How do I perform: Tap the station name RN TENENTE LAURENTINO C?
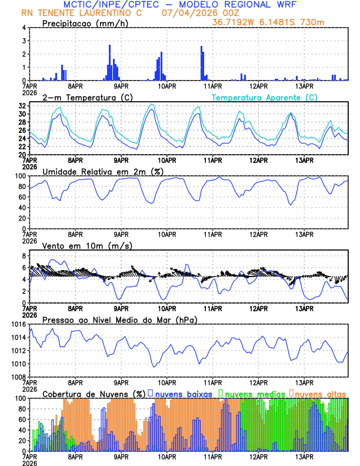pos(81,12)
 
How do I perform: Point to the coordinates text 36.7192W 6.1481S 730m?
pos(268,22)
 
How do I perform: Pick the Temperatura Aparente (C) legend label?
pos(265,97)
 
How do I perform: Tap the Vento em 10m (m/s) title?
pos(79,245)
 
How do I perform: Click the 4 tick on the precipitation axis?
pos(23,28)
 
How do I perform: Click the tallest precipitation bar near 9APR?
pos(110,62)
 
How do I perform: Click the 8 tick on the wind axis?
pos(23,256)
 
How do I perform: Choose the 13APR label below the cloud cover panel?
pos(304,457)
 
